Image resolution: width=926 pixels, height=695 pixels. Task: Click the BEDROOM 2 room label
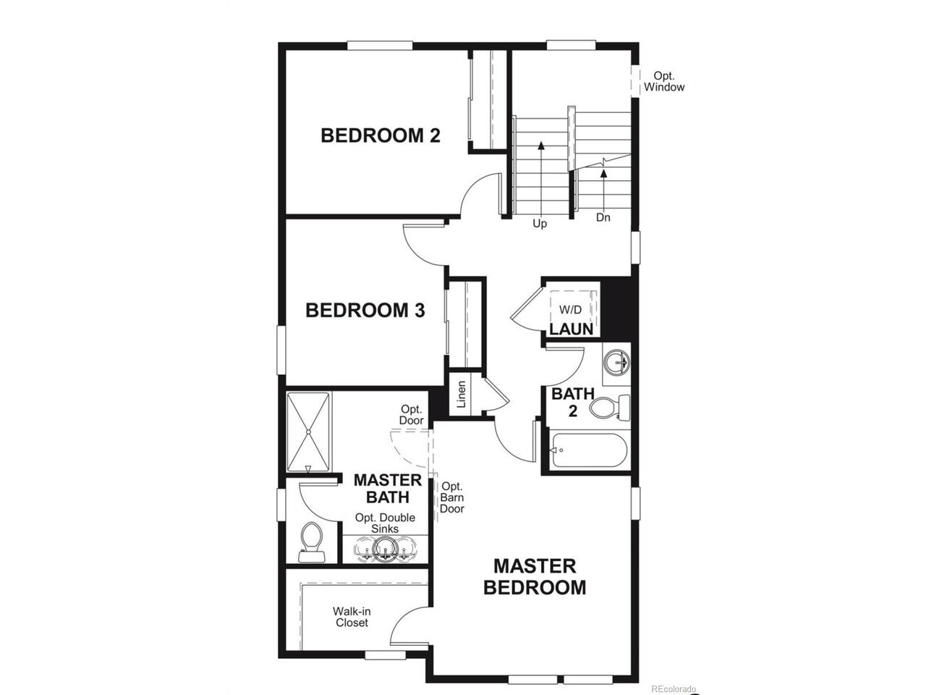click(380, 135)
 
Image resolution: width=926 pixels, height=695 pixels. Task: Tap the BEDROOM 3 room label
click(365, 310)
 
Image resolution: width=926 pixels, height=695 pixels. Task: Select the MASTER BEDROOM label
click(535, 576)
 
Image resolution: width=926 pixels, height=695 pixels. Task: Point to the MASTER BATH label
click(387, 488)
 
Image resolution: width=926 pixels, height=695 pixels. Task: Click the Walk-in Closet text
click(352, 617)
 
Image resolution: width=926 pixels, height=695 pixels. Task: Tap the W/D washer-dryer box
click(573, 309)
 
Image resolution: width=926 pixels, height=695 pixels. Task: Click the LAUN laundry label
click(572, 329)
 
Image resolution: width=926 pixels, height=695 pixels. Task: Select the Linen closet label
click(462, 394)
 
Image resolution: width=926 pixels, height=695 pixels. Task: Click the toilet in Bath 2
click(609, 407)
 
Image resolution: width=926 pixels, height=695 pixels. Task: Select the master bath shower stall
click(308, 431)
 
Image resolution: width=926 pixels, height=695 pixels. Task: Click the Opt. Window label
click(663, 81)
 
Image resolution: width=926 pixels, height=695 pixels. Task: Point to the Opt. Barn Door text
click(452, 497)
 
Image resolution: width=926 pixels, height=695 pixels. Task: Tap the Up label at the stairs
click(539, 223)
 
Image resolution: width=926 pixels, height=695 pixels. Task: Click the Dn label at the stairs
click(603, 217)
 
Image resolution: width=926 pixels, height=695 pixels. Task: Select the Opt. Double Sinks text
click(385, 523)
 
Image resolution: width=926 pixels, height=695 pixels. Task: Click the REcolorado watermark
click(674, 688)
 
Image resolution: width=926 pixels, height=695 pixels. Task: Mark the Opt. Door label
click(412, 414)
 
